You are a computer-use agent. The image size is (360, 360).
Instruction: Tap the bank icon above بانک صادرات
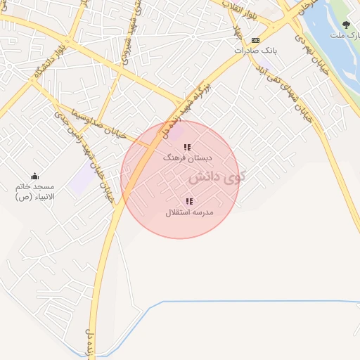(255, 40)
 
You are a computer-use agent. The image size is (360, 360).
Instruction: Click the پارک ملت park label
(346, 34)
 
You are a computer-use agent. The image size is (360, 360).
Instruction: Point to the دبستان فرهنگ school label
(181, 158)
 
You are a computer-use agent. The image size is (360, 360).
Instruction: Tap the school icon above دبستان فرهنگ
(186, 148)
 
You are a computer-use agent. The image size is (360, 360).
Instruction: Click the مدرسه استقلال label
(189, 212)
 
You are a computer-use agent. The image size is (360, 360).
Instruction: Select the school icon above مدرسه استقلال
(189, 202)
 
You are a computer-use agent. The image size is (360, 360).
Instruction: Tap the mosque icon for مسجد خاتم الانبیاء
(34, 176)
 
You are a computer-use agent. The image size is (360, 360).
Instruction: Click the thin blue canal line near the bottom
(246, 302)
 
